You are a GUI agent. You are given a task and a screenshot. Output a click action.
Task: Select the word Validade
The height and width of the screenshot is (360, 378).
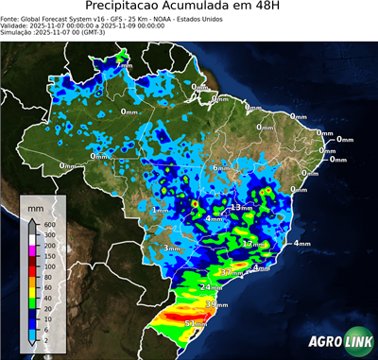19,26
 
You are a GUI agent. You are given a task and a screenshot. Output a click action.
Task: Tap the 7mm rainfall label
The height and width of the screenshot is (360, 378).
125,67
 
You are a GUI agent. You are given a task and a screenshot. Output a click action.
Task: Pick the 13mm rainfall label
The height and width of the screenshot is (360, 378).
242,207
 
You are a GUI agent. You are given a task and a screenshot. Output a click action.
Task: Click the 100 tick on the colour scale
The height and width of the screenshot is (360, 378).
45,256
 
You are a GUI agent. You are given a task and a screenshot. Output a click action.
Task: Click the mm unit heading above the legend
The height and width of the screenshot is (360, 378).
35,205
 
